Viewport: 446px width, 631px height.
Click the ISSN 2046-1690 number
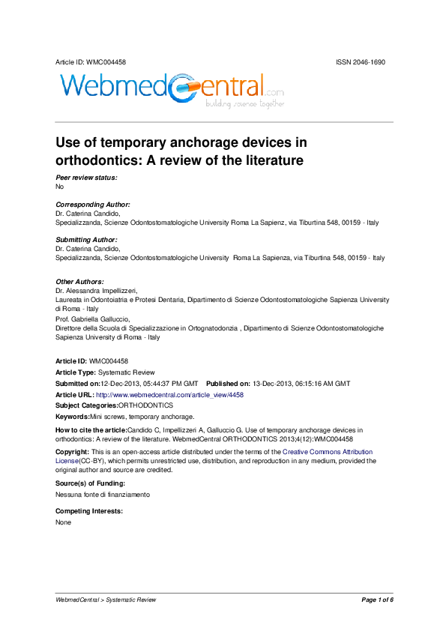(x=361, y=61)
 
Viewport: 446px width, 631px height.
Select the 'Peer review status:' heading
(x=87, y=178)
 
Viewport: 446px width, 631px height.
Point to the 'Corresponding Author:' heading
(x=93, y=205)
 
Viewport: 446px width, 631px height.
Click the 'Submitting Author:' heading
(x=87, y=240)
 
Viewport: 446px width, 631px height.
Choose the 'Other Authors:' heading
(x=80, y=282)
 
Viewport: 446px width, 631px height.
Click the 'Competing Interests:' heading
(x=89, y=512)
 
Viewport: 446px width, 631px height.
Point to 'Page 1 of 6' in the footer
(x=377, y=600)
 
